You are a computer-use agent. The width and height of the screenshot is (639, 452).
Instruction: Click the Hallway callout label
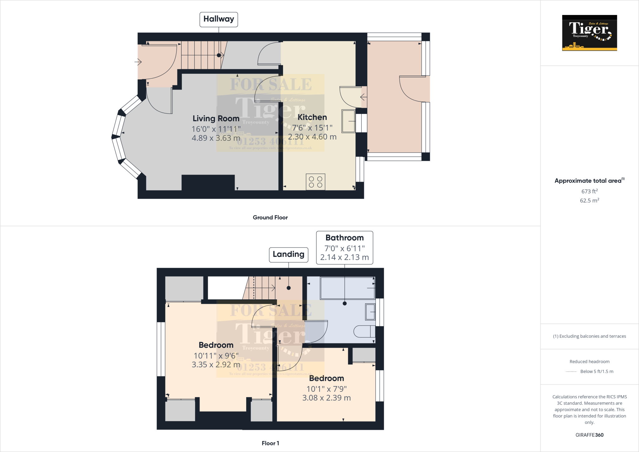pyautogui.click(x=219, y=19)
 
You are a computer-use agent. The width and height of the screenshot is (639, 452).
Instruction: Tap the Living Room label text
pyautogui.click(x=216, y=119)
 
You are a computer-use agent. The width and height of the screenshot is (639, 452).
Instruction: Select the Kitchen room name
pyautogui.click(x=312, y=117)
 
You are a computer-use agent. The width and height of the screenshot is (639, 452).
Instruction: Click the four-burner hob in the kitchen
pyautogui.click(x=315, y=182)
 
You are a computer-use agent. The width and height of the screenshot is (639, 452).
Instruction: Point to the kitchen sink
pyautogui.click(x=348, y=121)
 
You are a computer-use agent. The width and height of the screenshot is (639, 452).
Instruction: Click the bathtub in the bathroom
pyautogui.click(x=347, y=288)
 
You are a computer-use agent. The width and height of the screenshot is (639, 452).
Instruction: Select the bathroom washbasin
pyautogui.click(x=370, y=312)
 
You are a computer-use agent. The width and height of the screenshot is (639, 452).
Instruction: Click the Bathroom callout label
pyautogui.click(x=344, y=238)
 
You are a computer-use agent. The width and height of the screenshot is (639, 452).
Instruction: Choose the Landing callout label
pyautogui.click(x=289, y=254)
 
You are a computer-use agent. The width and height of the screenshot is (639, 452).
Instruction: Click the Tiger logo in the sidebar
pyautogui.click(x=589, y=33)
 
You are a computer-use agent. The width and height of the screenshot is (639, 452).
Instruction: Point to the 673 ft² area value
pyautogui.click(x=589, y=191)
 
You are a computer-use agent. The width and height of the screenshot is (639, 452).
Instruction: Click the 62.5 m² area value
pyautogui.click(x=589, y=200)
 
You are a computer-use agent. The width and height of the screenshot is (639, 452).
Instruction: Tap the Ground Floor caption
pyautogui.click(x=270, y=218)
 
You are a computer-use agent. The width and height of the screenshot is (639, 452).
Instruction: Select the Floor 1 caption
pyautogui.click(x=270, y=443)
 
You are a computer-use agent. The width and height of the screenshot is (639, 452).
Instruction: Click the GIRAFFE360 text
pyautogui.click(x=589, y=435)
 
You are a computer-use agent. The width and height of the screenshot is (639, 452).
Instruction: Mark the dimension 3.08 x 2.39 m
pyautogui.click(x=326, y=398)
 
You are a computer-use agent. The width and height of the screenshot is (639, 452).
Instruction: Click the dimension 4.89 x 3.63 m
pyautogui.click(x=216, y=138)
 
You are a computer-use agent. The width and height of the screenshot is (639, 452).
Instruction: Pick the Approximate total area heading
pyautogui.click(x=588, y=181)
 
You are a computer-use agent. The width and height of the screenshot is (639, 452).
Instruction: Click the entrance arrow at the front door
pyautogui.click(x=138, y=62)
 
